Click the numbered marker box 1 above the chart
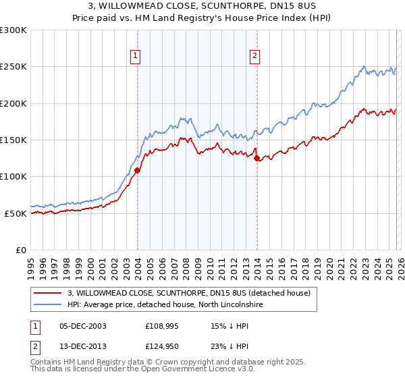coord(136,56)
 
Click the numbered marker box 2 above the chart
coord(255,56)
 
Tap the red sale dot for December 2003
coord(137,170)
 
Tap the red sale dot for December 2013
coord(256,159)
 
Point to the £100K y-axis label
coord(13,176)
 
